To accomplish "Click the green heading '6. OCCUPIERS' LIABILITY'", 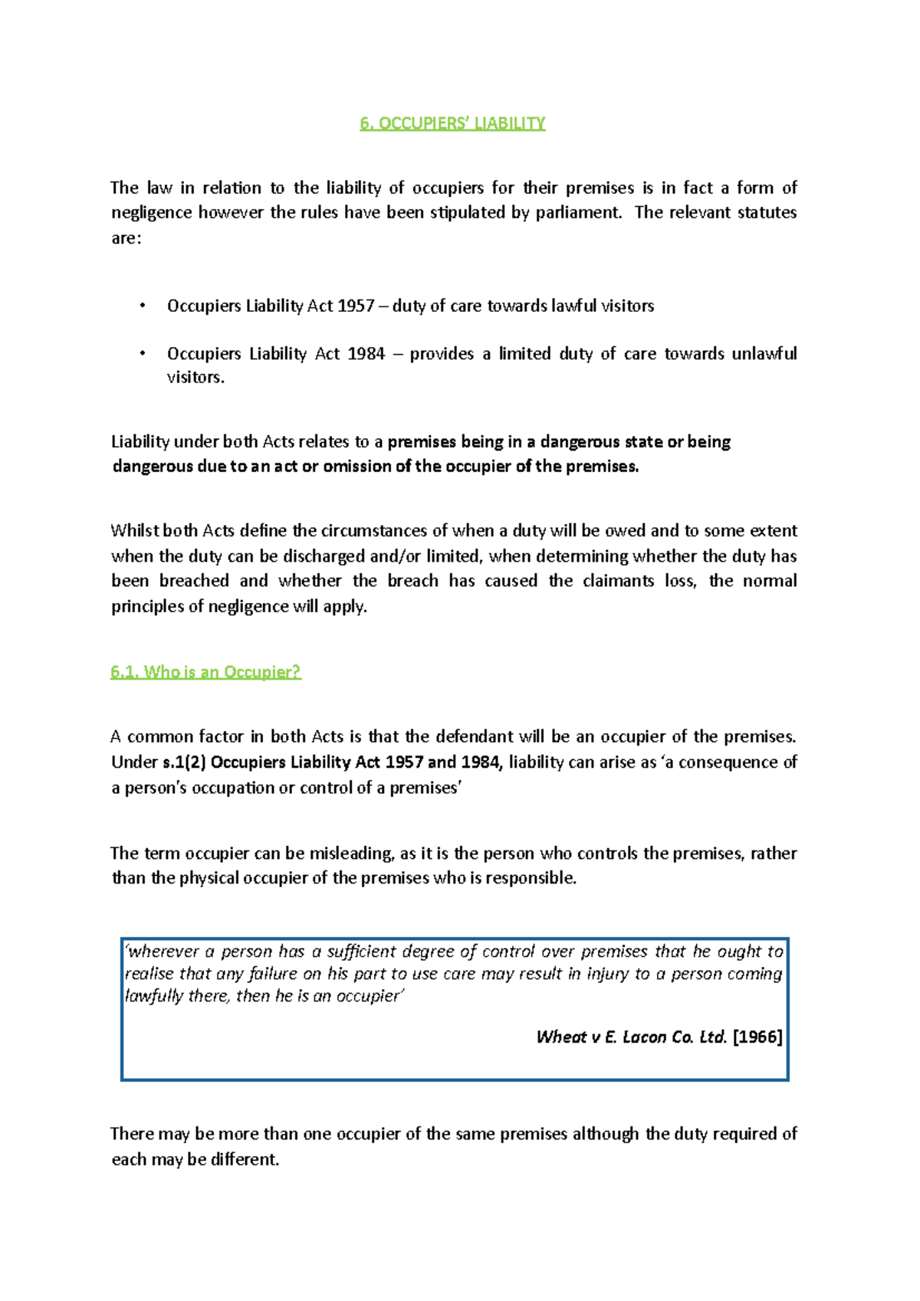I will point(452,123).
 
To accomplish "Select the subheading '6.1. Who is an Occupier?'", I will point(205,672).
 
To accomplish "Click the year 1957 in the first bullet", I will point(356,306).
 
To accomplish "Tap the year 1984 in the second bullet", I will point(366,354).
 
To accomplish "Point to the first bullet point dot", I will point(143,306).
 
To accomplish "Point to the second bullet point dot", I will point(143,354).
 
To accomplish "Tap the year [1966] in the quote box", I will point(757,1037).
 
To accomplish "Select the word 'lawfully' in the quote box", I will point(153,996).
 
